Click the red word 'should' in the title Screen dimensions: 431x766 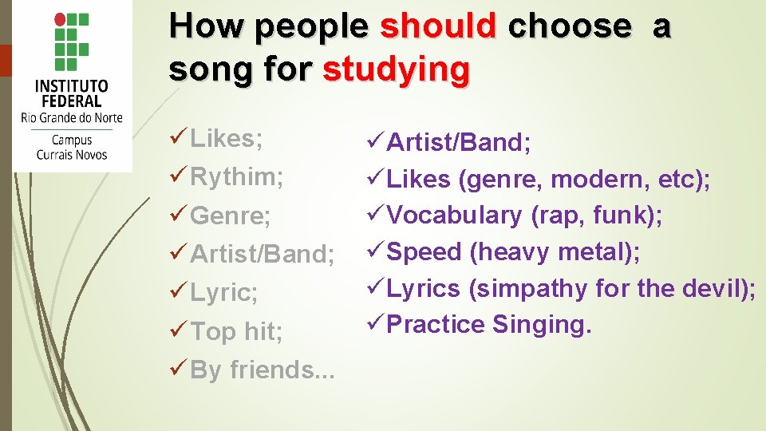pyautogui.click(x=438, y=26)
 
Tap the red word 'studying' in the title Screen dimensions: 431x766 pyautogui.click(x=396, y=69)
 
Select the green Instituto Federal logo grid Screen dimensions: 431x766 pyautogui.click(x=73, y=42)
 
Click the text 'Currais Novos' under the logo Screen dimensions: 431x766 pyautogui.click(x=72, y=154)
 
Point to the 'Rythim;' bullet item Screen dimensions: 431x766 pyautogui.click(x=237, y=176)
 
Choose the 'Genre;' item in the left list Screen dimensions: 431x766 pyautogui.click(x=231, y=215)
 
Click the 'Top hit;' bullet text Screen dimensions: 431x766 pyautogui.click(x=236, y=331)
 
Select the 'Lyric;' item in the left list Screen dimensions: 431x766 pyautogui.click(x=224, y=293)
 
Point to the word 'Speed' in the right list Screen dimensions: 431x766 pyautogui.click(x=424, y=252)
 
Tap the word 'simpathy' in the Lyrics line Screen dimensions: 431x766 pyautogui.click(x=529, y=288)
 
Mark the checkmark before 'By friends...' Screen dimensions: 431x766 pyautogui.click(x=179, y=370)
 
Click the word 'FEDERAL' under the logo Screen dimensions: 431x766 pyautogui.click(x=72, y=101)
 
